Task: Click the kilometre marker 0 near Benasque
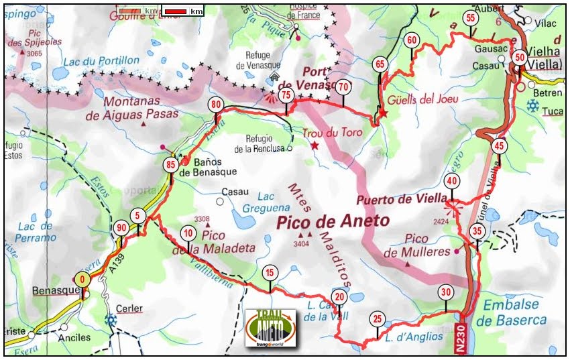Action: point(82,279)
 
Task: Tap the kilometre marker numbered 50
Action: point(520,58)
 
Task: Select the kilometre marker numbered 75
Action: point(286,95)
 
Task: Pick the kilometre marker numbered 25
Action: point(378,318)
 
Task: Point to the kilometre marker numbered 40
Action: point(452,180)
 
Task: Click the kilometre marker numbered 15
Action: point(270,272)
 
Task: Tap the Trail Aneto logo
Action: point(270,328)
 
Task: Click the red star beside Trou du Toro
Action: point(315,145)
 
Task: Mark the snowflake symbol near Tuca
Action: point(533,105)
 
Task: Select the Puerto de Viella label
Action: point(401,198)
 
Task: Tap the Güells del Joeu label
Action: point(422,100)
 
